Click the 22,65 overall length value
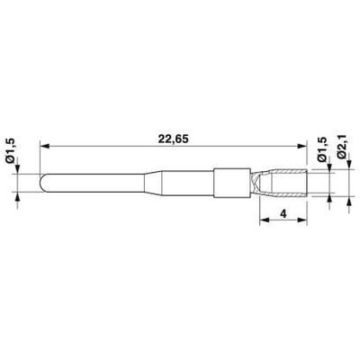(174, 139)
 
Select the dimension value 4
(283, 213)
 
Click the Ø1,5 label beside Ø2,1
(322, 149)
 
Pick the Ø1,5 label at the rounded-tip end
(10, 151)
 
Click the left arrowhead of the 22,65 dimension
(44, 147)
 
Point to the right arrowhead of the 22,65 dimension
(302, 147)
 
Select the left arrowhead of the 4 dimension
(264, 220)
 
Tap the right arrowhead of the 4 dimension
(302, 220)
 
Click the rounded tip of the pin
(41, 183)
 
